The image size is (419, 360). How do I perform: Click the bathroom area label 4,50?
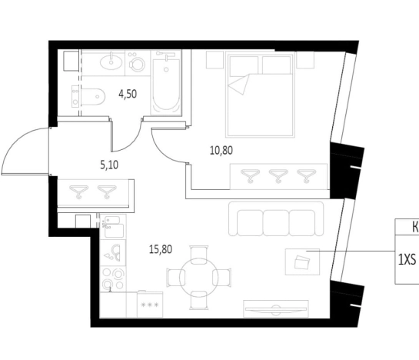pyautogui.click(x=128, y=94)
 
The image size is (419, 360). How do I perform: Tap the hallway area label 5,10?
pyautogui.click(x=109, y=165)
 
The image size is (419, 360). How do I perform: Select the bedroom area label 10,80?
pyautogui.click(x=221, y=150)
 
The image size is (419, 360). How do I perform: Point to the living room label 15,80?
pyautogui.click(x=161, y=249)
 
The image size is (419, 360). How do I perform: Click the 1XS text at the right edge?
pyautogui.click(x=407, y=259)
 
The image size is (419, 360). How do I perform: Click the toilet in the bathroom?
pyautogui.click(x=88, y=97)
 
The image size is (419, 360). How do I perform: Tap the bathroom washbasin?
pyautogui.click(x=111, y=62)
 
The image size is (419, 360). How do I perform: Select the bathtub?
pyautogui.click(x=166, y=82)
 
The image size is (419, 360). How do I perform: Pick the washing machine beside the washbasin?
pyautogui.click(x=137, y=63)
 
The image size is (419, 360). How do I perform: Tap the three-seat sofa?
pyautogui.click(x=276, y=219)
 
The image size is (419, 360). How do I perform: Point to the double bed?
pyautogui.click(x=261, y=95)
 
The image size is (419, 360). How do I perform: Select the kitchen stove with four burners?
pyautogui.click(x=113, y=279)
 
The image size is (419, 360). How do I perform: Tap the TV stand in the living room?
pyautogui.click(x=276, y=309)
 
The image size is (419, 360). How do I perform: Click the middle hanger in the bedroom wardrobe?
pyautogui.click(x=278, y=175)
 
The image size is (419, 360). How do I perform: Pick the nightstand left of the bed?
pyautogui.click(x=214, y=60)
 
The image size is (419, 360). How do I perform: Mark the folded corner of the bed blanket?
pyautogui.click(x=239, y=84)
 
